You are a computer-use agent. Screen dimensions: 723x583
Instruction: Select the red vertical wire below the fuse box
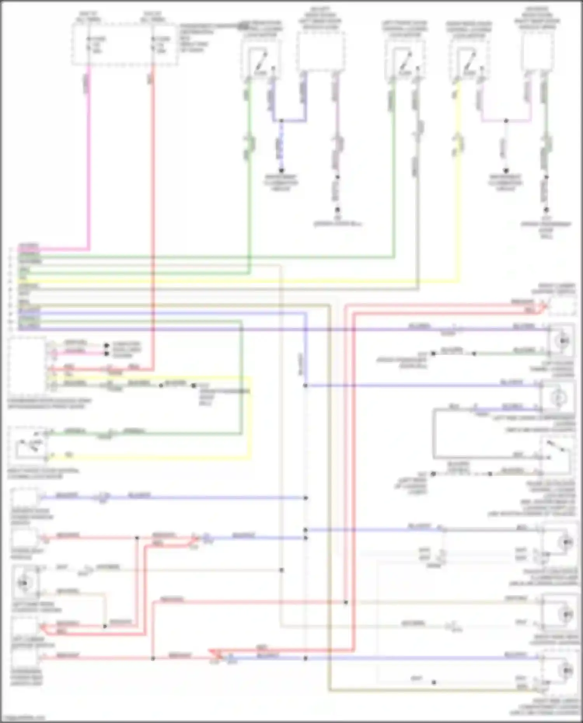pos(153,194)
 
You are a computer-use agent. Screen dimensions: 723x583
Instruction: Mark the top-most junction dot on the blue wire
pos(281,121)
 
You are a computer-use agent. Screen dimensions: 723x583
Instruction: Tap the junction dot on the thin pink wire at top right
pos(506,121)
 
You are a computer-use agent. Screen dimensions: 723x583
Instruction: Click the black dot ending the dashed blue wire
pos(281,170)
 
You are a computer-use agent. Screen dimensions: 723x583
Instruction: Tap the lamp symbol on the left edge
pos(24,582)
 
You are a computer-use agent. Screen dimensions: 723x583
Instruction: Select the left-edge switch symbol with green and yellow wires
pos(28,445)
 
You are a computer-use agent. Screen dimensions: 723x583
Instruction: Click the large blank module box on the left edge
pos(26,366)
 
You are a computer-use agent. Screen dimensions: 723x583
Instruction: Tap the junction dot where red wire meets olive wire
pos(346,603)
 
